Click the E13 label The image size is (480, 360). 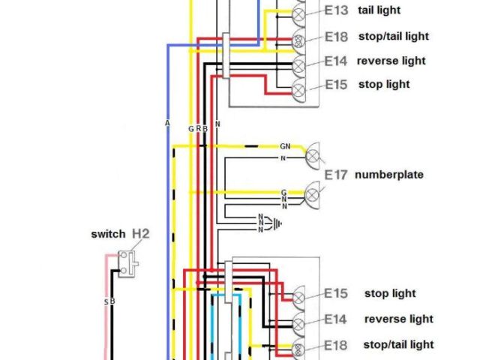(336, 10)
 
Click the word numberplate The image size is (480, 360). (389, 175)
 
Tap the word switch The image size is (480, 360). (108, 234)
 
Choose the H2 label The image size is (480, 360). (141, 234)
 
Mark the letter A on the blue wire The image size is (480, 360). (167, 122)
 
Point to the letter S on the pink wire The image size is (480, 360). (106, 301)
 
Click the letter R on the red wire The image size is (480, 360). (198, 129)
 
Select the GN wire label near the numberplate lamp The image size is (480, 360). (285, 146)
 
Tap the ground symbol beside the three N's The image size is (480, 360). (280, 223)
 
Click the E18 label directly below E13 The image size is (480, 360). (336, 36)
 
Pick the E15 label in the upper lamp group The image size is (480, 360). (336, 85)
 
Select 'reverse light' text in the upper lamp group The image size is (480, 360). (392, 61)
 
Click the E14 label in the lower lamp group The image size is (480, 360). (336, 319)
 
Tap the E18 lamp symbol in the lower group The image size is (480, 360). (298, 347)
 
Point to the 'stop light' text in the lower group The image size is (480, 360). (390, 293)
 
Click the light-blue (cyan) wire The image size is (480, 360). (241, 322)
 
